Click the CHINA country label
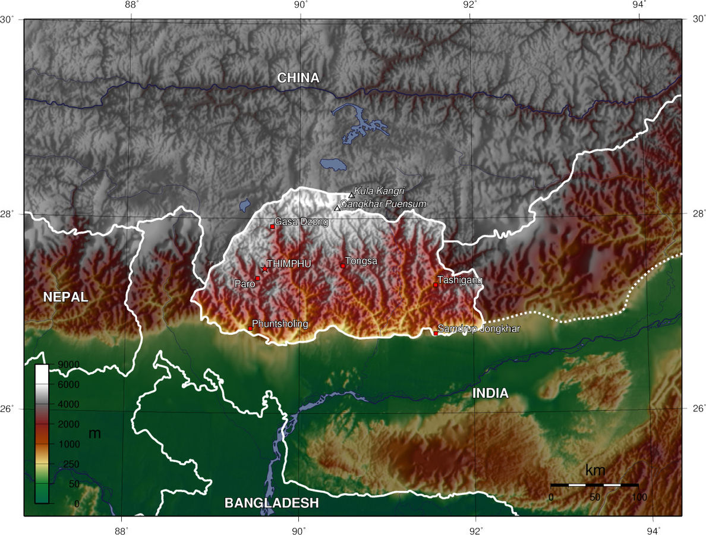point(298,78)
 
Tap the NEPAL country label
point(65,297)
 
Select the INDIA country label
point(490,393)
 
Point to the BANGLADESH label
point(272,503)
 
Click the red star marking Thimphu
point(264,269)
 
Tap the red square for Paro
point(258,278)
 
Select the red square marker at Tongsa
point(343,266)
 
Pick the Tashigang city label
point(460,279)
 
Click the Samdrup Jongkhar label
point(479,328)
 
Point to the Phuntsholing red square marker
point(250,328)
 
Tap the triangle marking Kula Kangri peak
point(351,195)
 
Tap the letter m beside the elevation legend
point(94,434)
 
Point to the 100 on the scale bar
point(638,496)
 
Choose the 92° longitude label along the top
point(470,5)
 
